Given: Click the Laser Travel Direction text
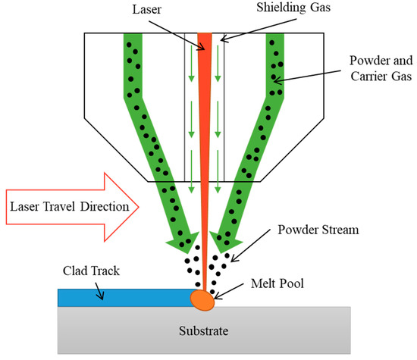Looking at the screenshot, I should (x=69, y=205).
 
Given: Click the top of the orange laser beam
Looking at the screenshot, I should (x=205, y=36).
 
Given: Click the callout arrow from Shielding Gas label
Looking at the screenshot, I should (x=245, y=25).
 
